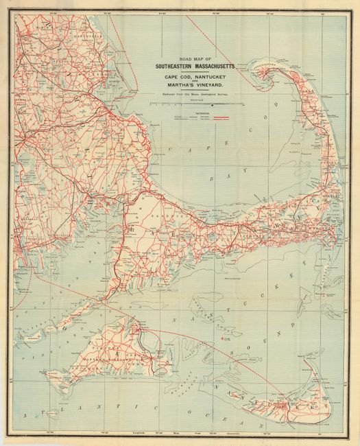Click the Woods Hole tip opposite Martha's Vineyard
[x=101, y=301]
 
